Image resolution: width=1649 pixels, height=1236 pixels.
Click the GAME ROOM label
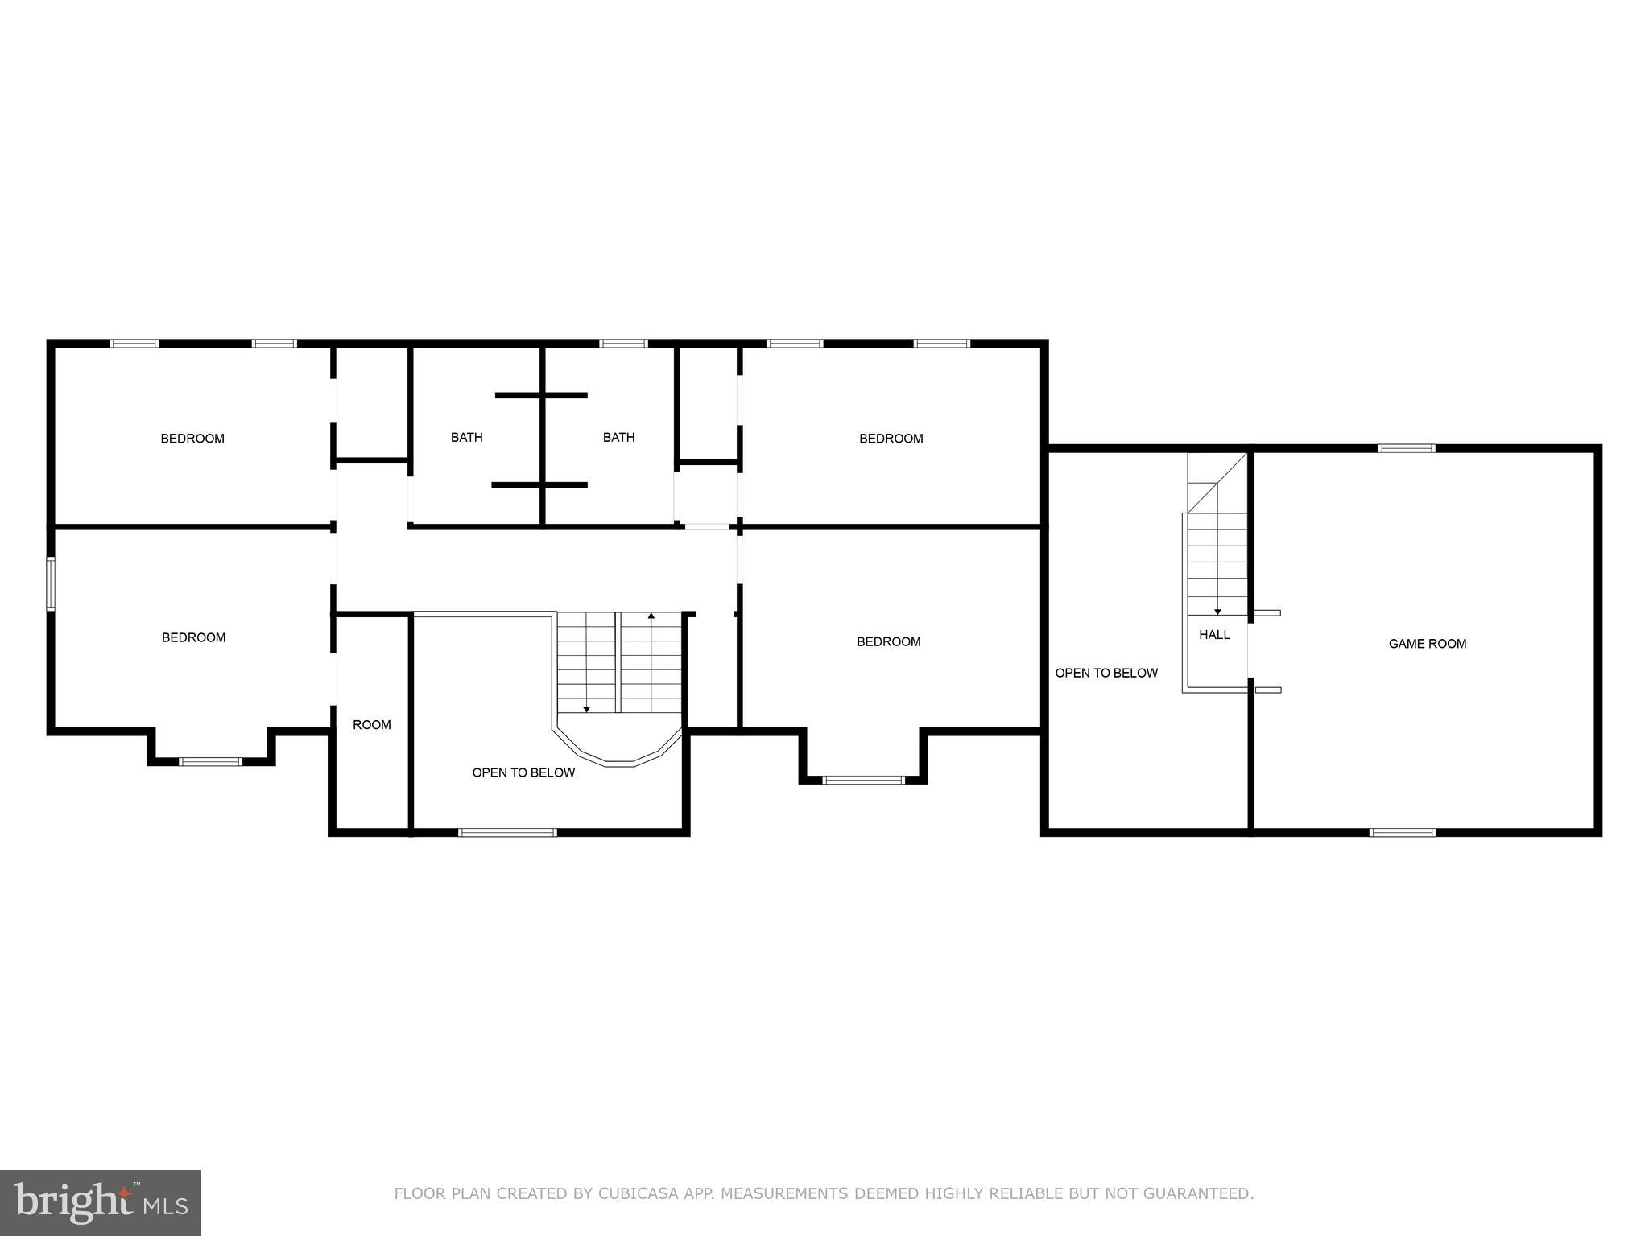(1427, 644)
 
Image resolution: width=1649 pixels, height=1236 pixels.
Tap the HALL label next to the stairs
(1214, 635)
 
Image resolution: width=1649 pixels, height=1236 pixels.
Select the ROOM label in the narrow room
(372, 725)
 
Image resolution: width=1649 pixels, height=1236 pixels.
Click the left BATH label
(466, 438)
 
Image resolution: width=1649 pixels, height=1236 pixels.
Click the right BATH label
(618, 438)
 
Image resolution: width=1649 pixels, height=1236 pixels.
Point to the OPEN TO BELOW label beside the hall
(1106, 673)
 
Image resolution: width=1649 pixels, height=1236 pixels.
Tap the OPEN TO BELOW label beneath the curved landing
(523, 772)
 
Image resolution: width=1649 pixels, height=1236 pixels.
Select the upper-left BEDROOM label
(192, 439)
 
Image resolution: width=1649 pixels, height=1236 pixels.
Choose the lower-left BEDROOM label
(193, 637)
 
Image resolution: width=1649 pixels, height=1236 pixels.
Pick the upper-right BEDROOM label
(891, 439)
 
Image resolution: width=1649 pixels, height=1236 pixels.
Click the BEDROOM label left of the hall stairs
(888, 641)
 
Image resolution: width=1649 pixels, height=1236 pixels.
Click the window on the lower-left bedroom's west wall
(51, 583)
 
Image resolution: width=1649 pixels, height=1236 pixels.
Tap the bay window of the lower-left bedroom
(210, 761)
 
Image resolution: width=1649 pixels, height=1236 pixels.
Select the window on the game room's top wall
(1407, 448)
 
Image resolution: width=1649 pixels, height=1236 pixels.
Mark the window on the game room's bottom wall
(1402, 832)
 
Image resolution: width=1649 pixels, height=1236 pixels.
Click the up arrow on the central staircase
(651, 616)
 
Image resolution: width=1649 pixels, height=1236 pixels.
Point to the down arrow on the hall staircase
(1217, 612)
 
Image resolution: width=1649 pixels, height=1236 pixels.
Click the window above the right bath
(623, 344)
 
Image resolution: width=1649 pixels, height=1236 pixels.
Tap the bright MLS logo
(101, 1203)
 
